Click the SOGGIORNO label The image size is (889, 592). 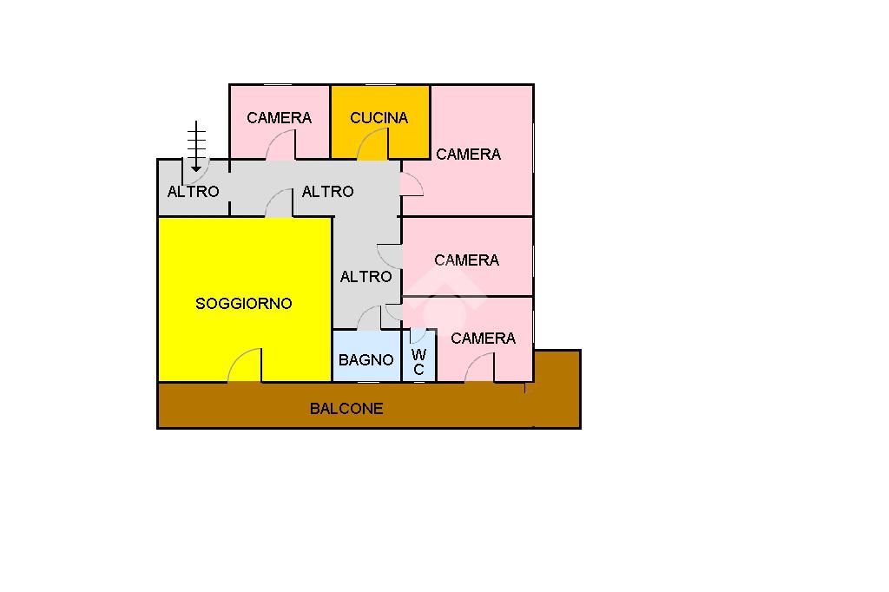(x=244, y=303)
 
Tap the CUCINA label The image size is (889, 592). (x=379, y=117)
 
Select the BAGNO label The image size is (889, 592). (x=366, y=359)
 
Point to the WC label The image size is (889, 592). (x=419, y=362)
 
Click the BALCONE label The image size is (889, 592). (x=346, y=408)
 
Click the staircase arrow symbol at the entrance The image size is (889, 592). (x=196, y=146)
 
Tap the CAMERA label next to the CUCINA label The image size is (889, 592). (x=280, y=117)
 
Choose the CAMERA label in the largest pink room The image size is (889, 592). (x=468, y=154)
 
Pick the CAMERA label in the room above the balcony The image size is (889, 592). (x=483, y=338)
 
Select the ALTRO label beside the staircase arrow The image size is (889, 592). (x=194, y=191)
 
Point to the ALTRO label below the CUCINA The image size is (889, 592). (x=327, y=191)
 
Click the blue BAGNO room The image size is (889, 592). (x=367, y=356)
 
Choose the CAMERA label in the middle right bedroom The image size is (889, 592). (x=466, y=260)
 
